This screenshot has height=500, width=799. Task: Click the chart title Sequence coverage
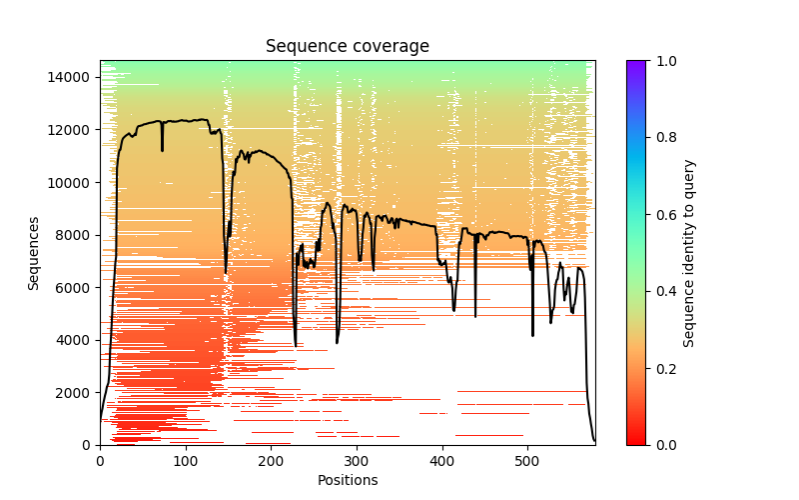[347, 46]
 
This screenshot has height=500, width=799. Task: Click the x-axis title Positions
[347, 480]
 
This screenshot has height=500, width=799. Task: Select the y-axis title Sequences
[34, 253]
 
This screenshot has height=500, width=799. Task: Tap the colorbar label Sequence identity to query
[689, 253]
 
